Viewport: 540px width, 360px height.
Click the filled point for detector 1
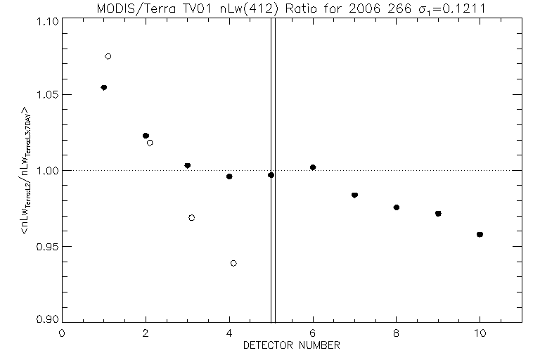point(104,87)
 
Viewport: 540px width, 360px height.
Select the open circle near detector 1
point(108,56)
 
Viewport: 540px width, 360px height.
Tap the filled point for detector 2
point(146,136)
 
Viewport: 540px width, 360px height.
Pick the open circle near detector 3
point(192,218)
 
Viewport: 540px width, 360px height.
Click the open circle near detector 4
point(233,263)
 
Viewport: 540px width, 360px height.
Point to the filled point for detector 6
point(313,167)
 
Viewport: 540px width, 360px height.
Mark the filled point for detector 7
point(354,195)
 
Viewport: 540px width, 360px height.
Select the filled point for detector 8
point(397,207)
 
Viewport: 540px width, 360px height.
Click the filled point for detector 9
point(438,213)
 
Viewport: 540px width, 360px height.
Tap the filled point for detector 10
point(480,234)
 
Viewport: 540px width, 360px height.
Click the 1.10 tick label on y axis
point(46,21)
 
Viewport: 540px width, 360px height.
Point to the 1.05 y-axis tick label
point(46,95)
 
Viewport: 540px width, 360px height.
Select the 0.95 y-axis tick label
point(46,247)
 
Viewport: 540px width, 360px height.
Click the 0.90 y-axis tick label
point(46,319)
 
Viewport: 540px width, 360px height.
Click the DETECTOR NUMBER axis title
point(292,346)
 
